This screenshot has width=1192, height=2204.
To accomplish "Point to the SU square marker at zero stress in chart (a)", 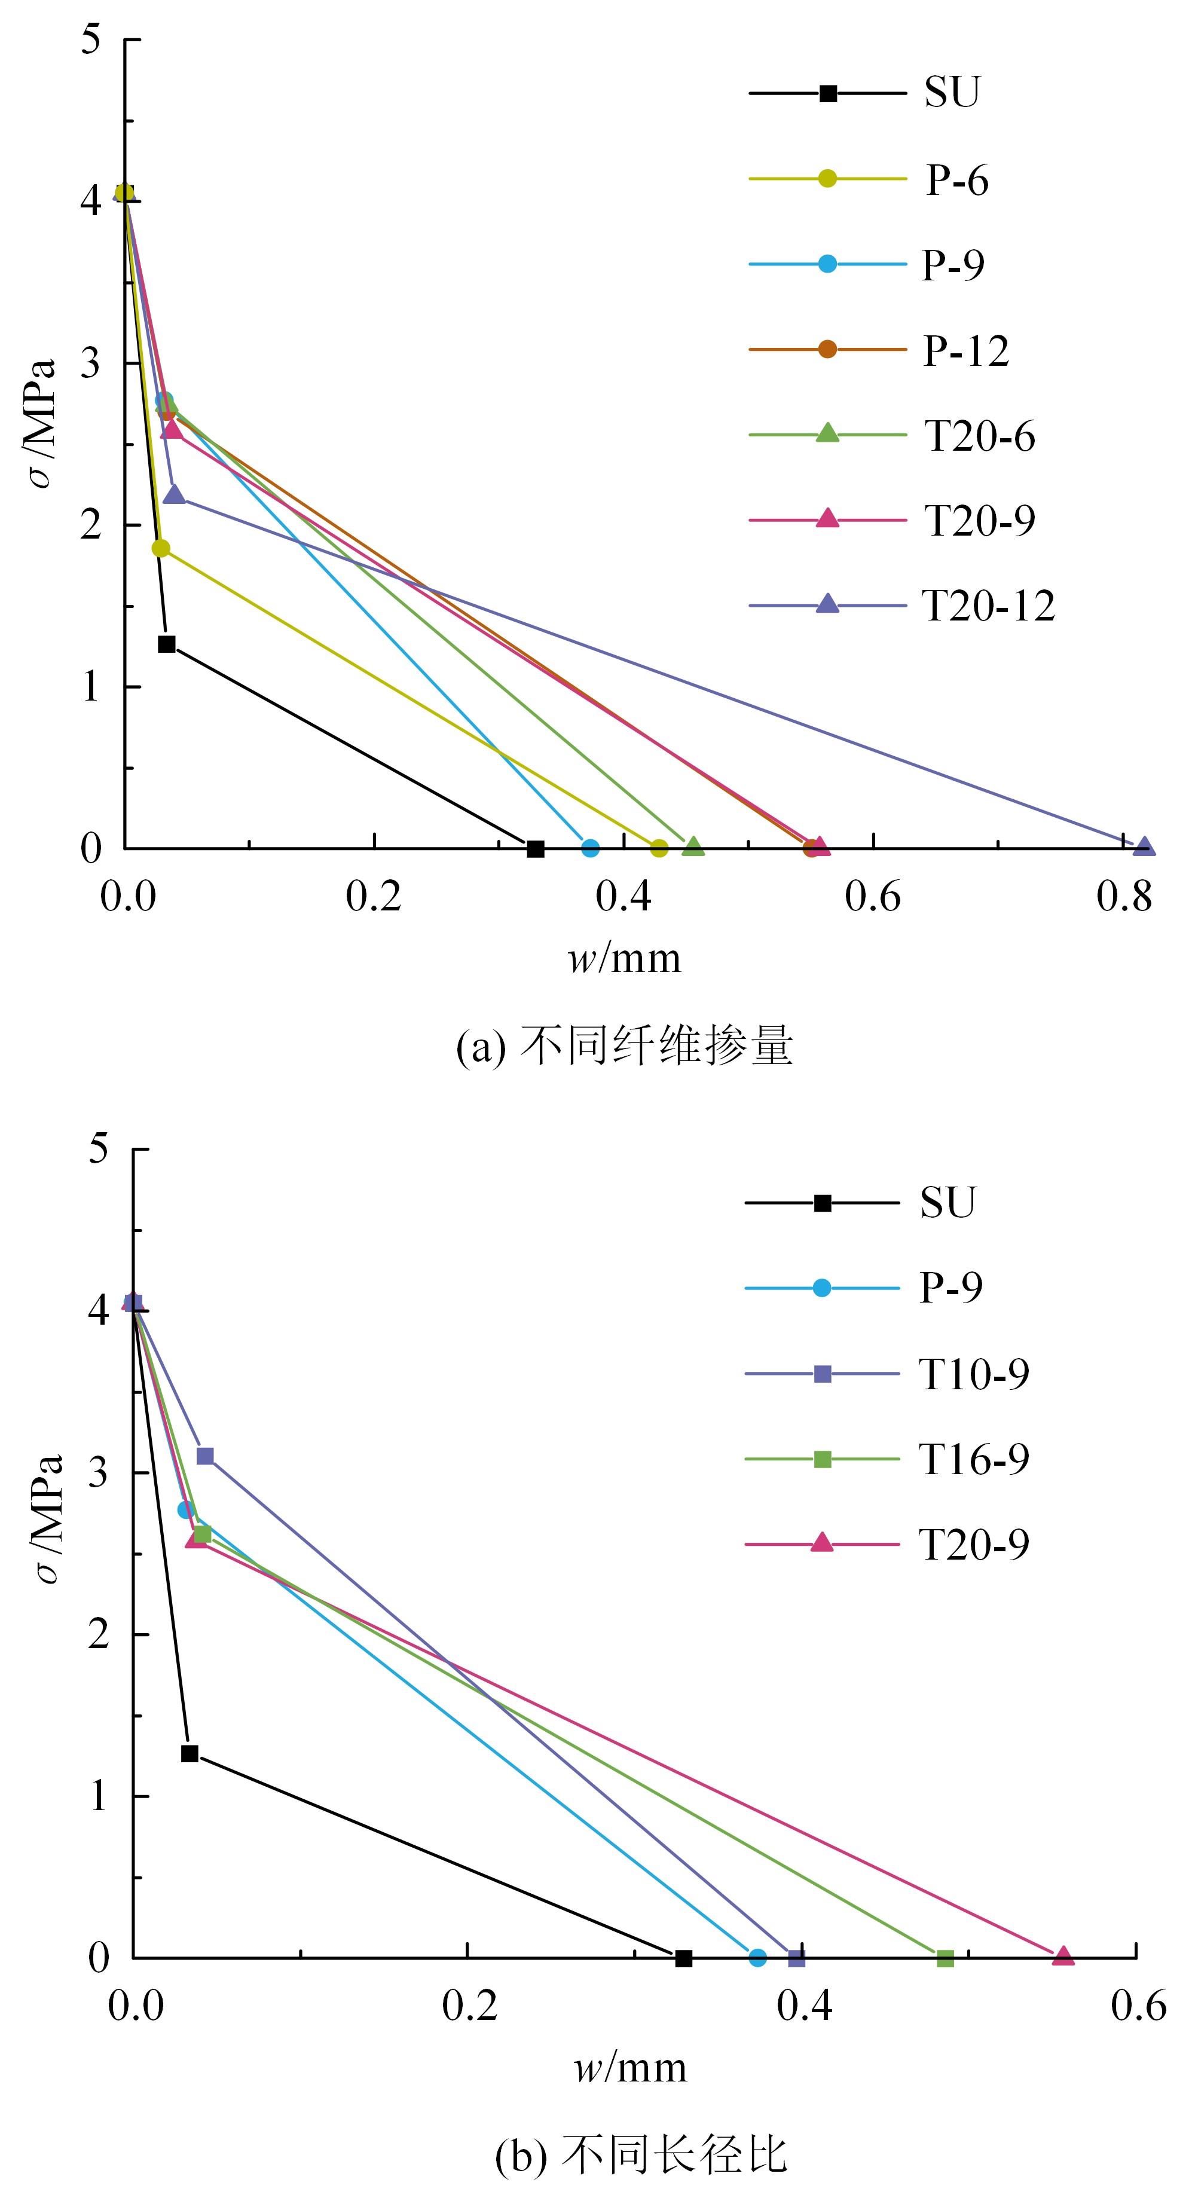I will click(x=536, y=849).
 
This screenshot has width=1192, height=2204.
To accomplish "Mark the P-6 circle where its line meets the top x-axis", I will click(x=659, y=849).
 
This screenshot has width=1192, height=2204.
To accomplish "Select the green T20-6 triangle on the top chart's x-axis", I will click(x=693, y=847).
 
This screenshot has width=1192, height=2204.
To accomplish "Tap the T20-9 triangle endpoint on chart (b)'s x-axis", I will click(x=1063, y=1956).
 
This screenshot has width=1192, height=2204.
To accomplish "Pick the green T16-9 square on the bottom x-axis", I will click(x=945, y=1958).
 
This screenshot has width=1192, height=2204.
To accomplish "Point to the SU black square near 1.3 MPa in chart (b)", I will click(x=190, y=1754).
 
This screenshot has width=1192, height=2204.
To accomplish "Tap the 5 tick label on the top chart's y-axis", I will click(x=91, y=40).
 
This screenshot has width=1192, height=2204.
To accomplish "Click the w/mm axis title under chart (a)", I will click(x=625, y=958).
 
